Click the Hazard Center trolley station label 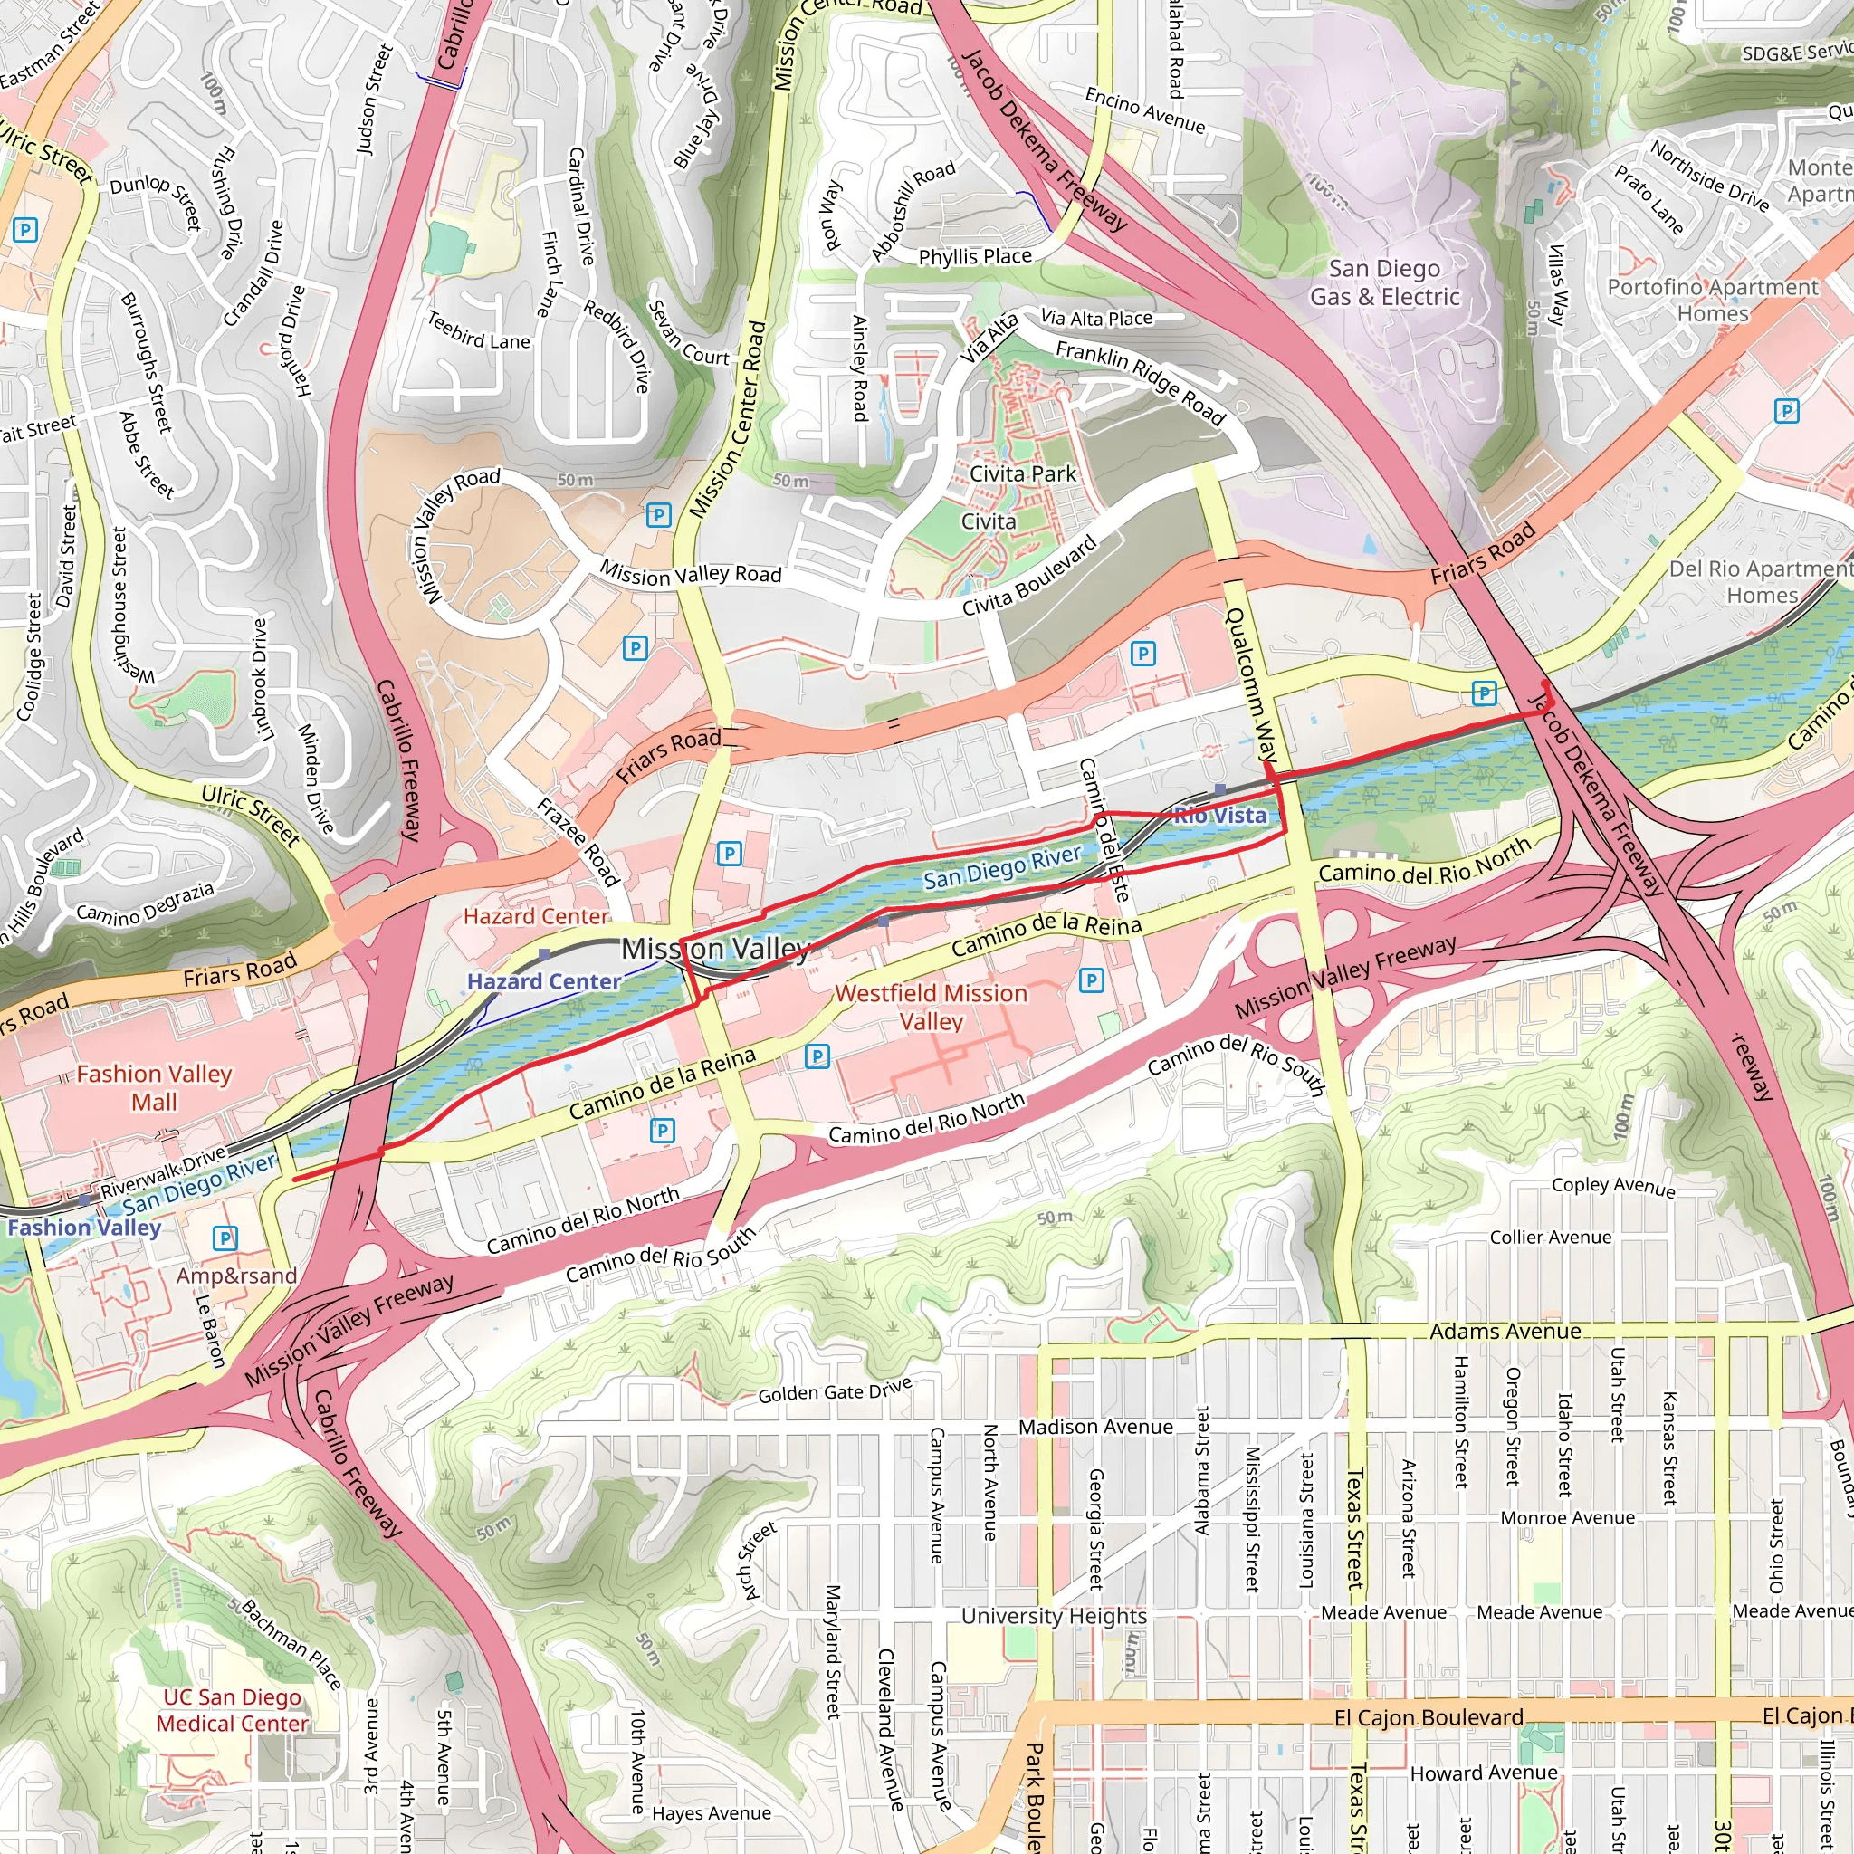[544, 981]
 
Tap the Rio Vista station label [1219, 816]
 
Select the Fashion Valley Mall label [154, 1087]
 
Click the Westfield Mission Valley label [931, 1007]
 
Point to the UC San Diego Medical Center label [233, 1710]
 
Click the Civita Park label [1023, 474]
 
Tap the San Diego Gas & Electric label [1384, 283]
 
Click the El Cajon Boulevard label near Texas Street [1428, 1717]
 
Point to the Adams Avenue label [1505, 1332]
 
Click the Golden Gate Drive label [835, 1390]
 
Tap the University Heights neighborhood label [1054, 1616]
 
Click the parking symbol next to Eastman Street [25, 230]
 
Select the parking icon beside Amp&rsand [225, 1238]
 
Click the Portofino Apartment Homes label [1713, 301]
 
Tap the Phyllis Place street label [975, 257]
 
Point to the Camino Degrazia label [145, 902]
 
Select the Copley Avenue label [1613, 1186]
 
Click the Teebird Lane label [478, 331]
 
